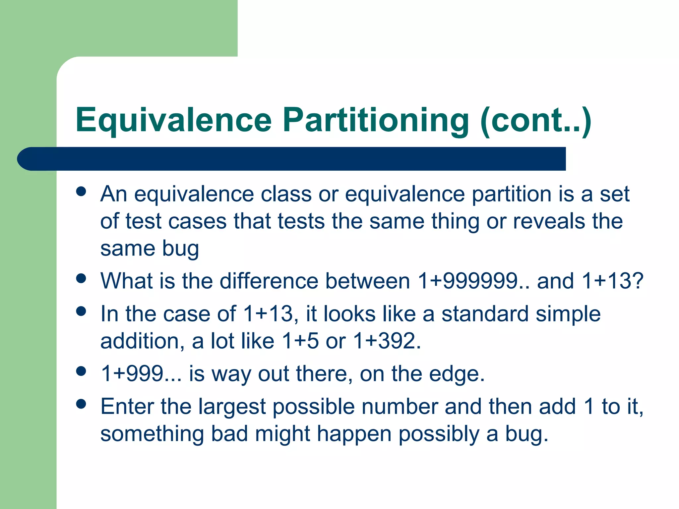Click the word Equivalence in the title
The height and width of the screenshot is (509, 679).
pos(174,120)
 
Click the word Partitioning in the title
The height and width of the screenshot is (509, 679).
pos(376,120)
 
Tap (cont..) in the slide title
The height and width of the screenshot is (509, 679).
pos(535,120)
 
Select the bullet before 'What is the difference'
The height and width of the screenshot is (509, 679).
pos(81,278)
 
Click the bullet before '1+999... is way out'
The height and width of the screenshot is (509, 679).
pos(81,371)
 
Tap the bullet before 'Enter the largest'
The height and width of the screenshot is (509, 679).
pos(81,404)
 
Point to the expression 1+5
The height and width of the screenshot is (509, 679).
pos(300,341)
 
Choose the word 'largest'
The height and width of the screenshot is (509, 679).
pos(232,407)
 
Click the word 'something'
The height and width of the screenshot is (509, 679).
pos(152,434)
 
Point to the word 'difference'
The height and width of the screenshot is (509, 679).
pos(269,281)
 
